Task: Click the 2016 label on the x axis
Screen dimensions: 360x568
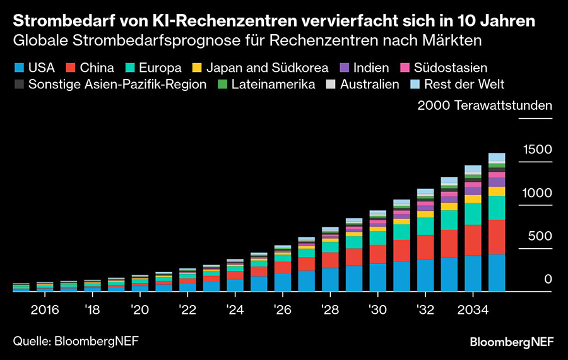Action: pos(44,310)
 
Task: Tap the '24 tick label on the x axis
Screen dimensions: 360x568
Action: pos(235,310)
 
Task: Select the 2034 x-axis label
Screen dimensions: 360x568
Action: pos(473,310)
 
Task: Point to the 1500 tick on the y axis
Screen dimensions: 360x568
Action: pos(538,150)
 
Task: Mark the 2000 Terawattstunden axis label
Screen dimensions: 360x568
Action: pos(485,105)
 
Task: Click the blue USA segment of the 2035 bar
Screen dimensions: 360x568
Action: pos(497,273)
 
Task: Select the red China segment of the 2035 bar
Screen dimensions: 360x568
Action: pos(497,237)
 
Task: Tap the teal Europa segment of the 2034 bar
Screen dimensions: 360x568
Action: pos(473,213)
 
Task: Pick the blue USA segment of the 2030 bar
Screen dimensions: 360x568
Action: pos(378,277)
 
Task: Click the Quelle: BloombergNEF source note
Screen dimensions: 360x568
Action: pos(76,341)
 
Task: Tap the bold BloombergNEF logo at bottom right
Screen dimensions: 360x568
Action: pos(511,342)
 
